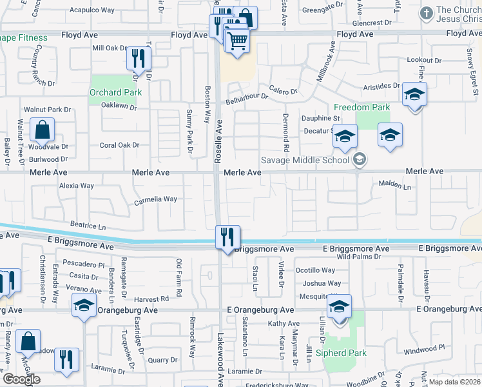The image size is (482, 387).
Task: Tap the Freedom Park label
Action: [x=361, y=106]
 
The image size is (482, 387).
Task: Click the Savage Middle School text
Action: [x=305, y=160]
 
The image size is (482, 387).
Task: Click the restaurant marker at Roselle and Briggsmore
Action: [x=227, y=237]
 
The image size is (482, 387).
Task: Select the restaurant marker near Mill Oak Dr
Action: [x=139, y=59]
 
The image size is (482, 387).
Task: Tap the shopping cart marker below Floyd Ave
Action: [x=238, y=41]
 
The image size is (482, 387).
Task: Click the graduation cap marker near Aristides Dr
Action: [x=414, y=94]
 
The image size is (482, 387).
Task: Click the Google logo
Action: [x=21, y=379]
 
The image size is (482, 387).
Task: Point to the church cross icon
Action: [x=425, y=13]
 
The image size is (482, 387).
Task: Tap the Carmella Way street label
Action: [x=155, y=200]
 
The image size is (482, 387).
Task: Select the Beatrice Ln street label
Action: [x=88, y=227]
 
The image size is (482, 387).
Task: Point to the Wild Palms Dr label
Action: [x=359, y=257]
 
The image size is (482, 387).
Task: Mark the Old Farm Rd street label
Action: [x=180, y=270]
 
